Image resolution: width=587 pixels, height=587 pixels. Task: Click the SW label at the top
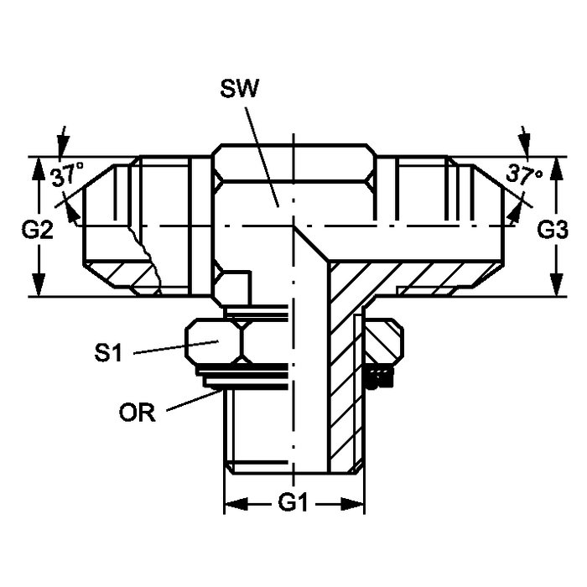[239, 89]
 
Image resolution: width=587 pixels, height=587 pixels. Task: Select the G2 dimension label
[37, 230]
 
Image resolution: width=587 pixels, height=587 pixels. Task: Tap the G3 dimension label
[553, 230]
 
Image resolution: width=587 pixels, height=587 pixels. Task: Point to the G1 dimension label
[293, 502]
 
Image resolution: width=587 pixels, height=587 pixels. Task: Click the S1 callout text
[108, 352]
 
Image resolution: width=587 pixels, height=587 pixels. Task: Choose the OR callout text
[137, 413]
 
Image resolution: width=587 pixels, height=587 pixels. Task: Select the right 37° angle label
[524, 174]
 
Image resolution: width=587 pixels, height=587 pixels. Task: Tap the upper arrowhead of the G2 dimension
[39, 169]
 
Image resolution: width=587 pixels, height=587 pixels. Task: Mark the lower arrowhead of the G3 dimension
[558, 284]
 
